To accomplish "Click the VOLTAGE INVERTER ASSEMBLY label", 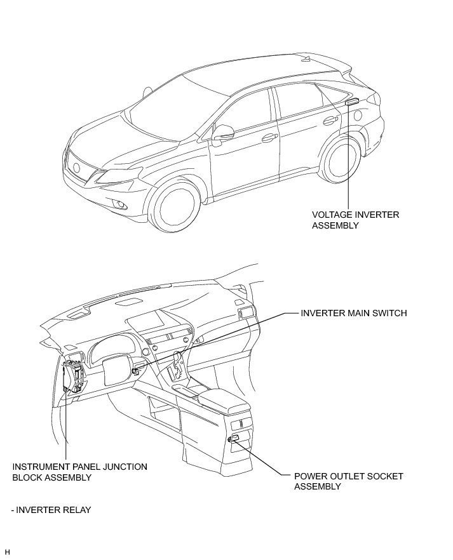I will click(x=355, y=220).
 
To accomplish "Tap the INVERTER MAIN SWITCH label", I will click(x=354, y=313).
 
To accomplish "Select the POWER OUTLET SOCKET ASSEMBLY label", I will click(x=348, y=481).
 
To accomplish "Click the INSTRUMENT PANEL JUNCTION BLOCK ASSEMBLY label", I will click(x=79, y=472).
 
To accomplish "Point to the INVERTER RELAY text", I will click(x=51, y=510).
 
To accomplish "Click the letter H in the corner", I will click(x=8, y=551).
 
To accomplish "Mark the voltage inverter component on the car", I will click(x=352, y=102).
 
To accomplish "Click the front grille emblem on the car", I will click(x=77, y=168).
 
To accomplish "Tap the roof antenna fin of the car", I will click(x=306, y=61).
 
